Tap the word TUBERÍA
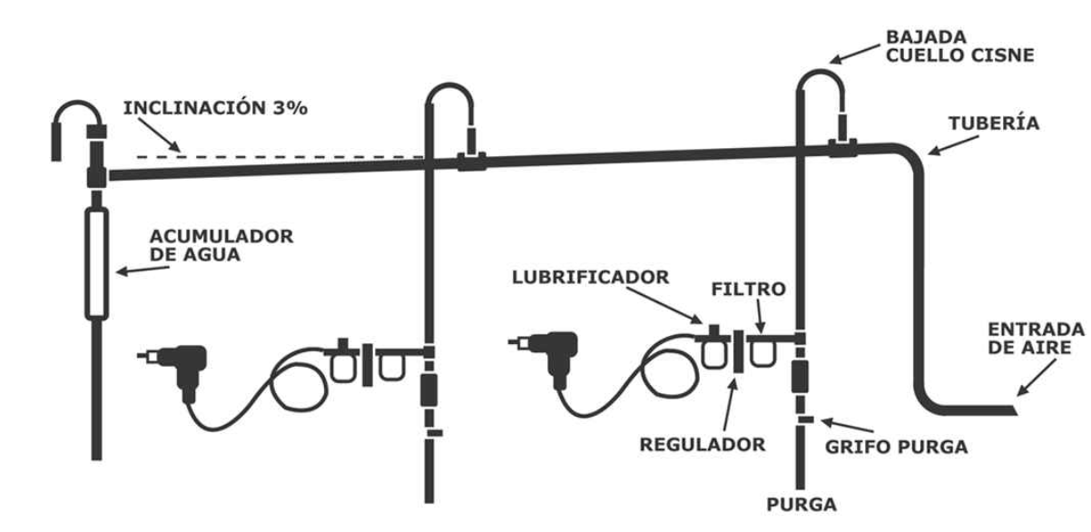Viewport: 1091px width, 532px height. tap(993, 123)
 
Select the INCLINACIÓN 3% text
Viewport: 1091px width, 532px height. tap(215, 107)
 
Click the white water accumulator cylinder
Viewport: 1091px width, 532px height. tap(97, 262)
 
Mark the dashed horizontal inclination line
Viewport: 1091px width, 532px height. tap(281, 157)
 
